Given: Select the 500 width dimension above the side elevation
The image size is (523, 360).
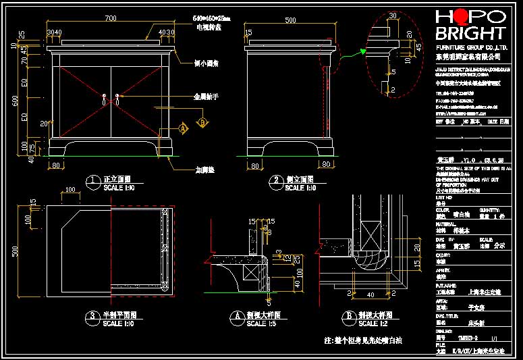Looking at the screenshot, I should (x=290, y=21).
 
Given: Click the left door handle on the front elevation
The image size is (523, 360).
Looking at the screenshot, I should (x=105, y=99).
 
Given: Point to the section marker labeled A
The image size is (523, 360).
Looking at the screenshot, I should (x=182, y=127).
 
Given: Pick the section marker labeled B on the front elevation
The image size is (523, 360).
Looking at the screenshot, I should (x=201, y=122).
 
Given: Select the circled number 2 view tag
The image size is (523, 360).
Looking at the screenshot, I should (x=276, y=180).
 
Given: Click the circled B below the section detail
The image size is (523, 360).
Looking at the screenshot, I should (x=349, y=316).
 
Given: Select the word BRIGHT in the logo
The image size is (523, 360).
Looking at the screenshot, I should (x=470, y=34).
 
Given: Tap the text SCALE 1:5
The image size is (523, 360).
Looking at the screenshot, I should (x=256, y=324).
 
